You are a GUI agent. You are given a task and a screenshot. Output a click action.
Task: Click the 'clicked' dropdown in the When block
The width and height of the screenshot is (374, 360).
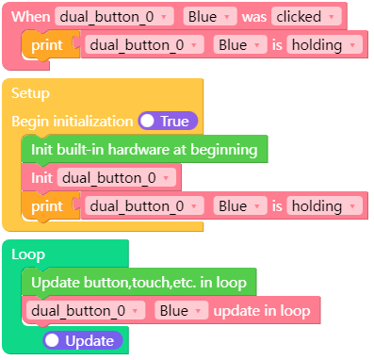pos(305,17)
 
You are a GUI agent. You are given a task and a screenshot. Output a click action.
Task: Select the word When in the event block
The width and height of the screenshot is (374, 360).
pos(30,17)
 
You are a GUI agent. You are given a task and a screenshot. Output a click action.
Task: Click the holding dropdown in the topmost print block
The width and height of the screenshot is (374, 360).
pos(324,45)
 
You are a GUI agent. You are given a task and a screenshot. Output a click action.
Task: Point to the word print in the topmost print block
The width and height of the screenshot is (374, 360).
pos(46,45)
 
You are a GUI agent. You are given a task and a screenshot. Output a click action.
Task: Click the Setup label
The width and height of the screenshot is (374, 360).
pos(30,93)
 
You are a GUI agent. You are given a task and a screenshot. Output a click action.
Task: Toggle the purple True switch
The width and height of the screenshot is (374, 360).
pos(167,121)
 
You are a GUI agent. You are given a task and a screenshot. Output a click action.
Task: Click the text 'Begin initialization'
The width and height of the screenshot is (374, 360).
pos(72,121)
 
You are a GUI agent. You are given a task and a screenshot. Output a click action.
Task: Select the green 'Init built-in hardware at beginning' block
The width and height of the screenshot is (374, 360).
pos(144,149)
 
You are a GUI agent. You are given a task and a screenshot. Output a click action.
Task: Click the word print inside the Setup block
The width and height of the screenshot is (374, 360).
pos(46,205)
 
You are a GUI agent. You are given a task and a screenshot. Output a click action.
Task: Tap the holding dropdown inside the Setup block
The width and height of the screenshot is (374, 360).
pos(324,205)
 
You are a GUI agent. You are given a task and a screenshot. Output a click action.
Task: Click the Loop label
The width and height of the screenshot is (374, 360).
pos(28,254)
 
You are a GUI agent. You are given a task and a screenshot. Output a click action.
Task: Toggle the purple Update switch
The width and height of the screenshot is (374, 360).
pos(83,339)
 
